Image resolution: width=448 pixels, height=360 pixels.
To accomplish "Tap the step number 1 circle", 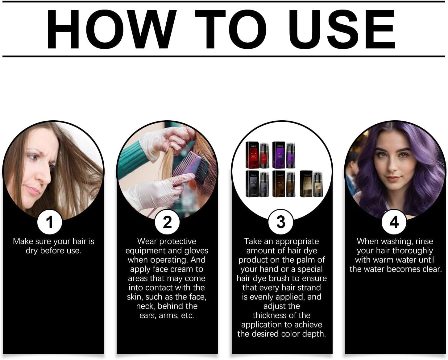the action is pos(50,222).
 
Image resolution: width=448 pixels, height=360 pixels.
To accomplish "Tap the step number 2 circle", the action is pos(167,222).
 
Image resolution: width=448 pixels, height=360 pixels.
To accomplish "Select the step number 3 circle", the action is pos(281,222).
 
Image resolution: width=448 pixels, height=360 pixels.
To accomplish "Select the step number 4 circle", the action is pos(394,222).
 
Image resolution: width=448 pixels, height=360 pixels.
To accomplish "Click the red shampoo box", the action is pos(252,155).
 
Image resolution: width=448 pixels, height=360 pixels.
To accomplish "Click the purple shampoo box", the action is pos(279,155).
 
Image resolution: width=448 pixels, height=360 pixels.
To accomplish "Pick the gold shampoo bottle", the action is pos(318,184).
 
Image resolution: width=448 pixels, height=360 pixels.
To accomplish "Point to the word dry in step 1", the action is pos(32,251).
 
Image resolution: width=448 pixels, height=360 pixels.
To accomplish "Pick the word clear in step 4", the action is pos(432,269).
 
